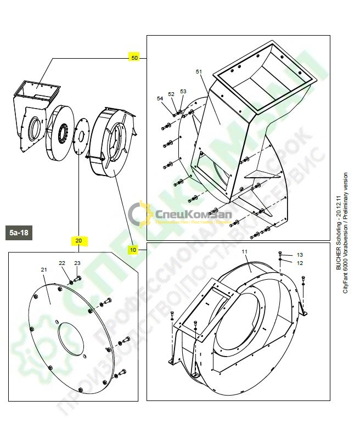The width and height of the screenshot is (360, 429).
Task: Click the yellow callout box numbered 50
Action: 134,57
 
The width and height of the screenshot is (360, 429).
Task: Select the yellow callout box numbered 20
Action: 78,240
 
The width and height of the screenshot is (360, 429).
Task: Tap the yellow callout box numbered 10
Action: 133,249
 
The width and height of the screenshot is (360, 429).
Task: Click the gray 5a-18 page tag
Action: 19,233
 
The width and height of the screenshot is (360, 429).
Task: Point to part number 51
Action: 199,72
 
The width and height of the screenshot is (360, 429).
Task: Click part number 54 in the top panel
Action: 160,99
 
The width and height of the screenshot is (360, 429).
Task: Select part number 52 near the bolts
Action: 171,94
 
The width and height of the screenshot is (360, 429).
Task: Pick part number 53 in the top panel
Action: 183,91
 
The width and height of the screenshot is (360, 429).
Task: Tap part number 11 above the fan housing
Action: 245,251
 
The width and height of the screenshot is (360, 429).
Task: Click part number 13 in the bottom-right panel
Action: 300,255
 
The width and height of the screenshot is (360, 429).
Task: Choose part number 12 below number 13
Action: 300,263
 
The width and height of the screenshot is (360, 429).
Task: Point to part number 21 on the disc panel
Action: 44,270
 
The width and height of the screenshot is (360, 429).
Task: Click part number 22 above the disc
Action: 62,264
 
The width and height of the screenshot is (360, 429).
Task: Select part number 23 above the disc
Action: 77,263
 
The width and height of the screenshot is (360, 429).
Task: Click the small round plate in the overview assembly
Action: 81,133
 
